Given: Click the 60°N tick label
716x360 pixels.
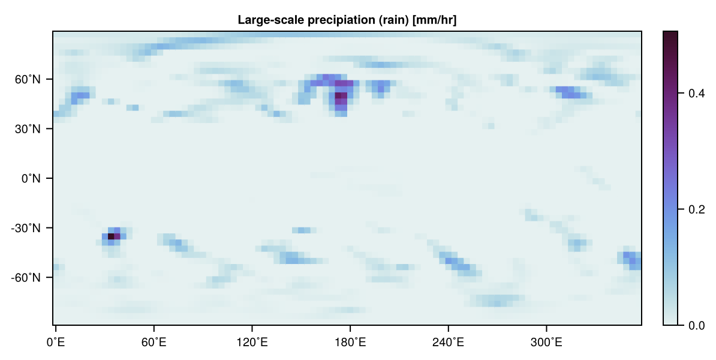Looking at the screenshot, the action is (x=28, y=79).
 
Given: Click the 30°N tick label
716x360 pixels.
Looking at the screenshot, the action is (x=28, y=129).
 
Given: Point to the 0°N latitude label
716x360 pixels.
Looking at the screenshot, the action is (x=31, y=179).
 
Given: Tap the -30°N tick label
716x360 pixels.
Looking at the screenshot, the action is (x=26, y=228).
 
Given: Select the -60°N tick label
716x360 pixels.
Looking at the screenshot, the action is (x=26, y=278).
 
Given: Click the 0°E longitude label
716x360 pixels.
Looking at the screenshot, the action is (x=56, y=342).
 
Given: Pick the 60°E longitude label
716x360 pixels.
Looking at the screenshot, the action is (x=154, y=342).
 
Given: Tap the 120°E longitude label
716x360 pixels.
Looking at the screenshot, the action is (x=252, y=342).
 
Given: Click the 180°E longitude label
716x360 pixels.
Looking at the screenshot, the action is (x=350, y=342).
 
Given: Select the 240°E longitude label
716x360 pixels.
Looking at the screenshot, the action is (x=449, y=342).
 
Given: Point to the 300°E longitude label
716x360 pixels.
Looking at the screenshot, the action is (x=546, y=342).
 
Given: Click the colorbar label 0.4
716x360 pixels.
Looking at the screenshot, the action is (x=696, y=94).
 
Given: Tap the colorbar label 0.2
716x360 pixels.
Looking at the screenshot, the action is (x=696, y=209).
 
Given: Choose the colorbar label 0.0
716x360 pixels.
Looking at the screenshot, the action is (x=696, y=326).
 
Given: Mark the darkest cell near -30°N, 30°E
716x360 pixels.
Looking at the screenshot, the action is (x=111, y=236).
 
